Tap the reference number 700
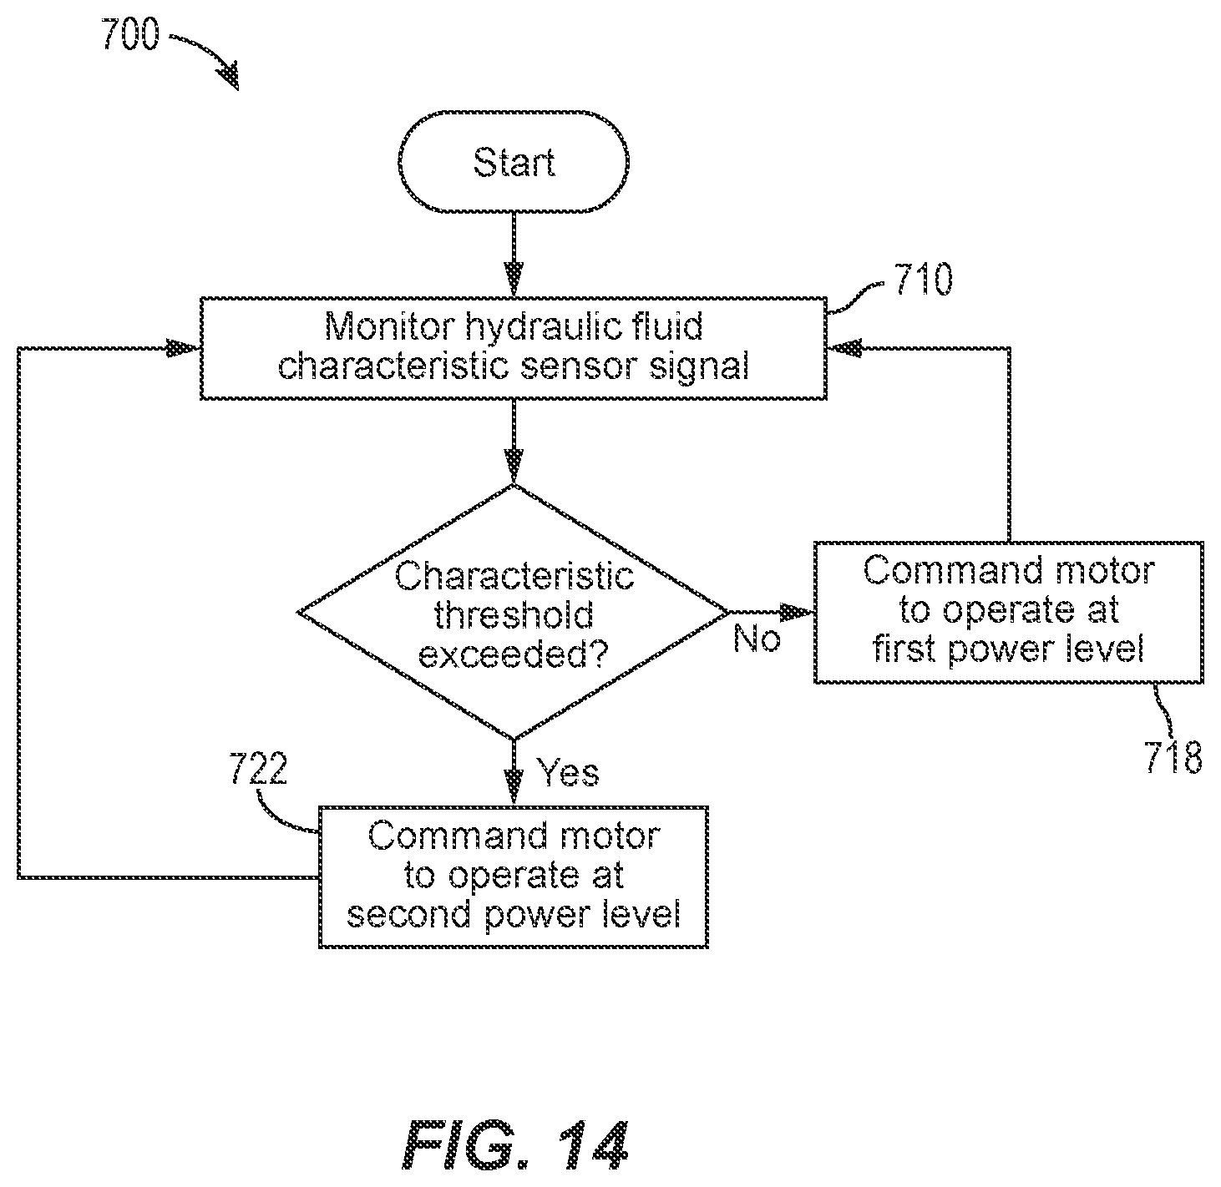130,34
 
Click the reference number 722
258,768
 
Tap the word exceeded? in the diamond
514,654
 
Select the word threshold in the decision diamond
514,614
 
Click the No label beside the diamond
757,639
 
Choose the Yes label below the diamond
568,772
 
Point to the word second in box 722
408,913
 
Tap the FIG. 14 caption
514,1145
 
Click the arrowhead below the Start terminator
514,279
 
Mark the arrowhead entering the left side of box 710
183,349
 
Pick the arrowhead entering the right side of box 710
844,349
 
